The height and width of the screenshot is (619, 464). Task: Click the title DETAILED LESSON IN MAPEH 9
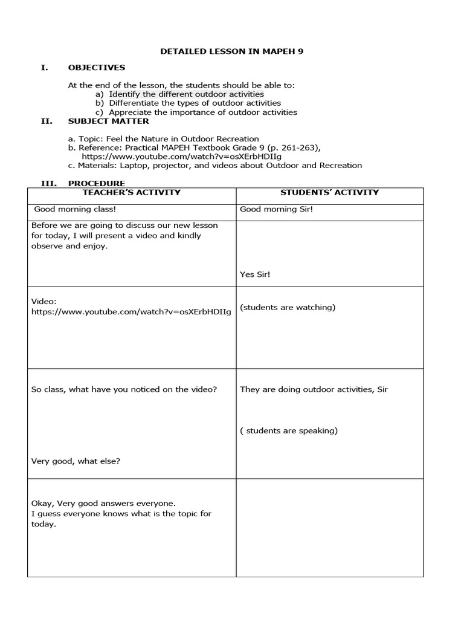pyautogui.click(x=231, y=51)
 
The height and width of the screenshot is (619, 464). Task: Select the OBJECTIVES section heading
pyautogui.click(x=97, y=68)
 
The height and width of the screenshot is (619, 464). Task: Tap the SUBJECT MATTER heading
pyautogui.click(x=109, y=121)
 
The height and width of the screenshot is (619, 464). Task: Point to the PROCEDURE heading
pyautogui.click(x=97, y=183)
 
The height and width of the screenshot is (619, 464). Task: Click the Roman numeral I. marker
pyautogui.click(x=44, y=68)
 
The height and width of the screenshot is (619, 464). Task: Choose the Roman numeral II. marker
pyautogui.click(x=47, y=121)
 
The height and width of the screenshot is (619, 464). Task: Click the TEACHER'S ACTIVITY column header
pyautogui.click(x=131, y=193)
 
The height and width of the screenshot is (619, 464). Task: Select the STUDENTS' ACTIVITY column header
pyautogui.click(x=329, y=193)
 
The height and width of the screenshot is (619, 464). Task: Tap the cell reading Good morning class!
pyautogui.click(x=75, y=210)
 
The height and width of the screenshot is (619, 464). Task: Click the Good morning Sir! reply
pyautogui.click(x=268, y=210)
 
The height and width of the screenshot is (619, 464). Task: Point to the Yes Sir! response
pyautogui.click(x=255, y=274)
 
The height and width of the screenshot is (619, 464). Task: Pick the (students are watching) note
pyautogui.click(x=288, y=307)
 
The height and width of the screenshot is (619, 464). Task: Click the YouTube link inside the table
pyautogui.click(x=131, y=311)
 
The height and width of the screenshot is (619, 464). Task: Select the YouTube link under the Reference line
pyautogui.click(x=181, y=156)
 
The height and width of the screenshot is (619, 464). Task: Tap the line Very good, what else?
pyautogui.click(x=76, y=461)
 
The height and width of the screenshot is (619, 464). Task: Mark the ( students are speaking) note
pyautogui.click(x=289, y=431)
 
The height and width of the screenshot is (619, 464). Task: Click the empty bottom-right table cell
pyautogui.click(x=329, y=527)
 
